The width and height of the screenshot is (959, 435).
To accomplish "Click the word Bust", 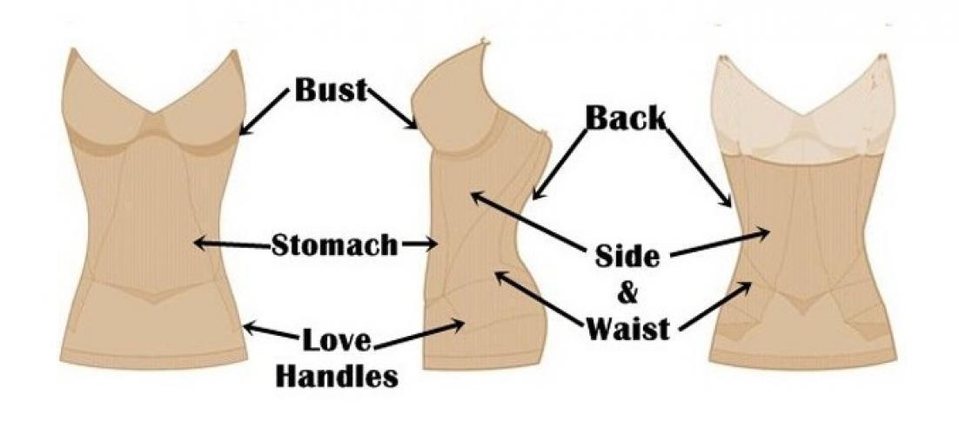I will click(330, 90).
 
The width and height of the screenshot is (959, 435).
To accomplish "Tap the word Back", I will click(625, 117).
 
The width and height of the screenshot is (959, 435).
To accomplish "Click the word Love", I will click(337, 339).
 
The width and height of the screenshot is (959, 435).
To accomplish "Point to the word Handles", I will click(346, 376).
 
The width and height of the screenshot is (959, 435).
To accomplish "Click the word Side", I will click(627, 257).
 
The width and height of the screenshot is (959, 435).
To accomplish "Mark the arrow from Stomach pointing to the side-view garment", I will click(418, 245).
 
